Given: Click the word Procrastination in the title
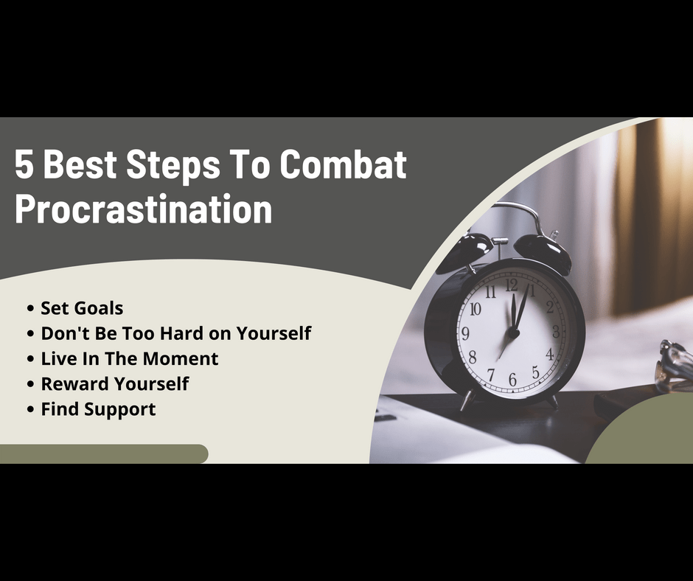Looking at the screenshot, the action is coord(144,210).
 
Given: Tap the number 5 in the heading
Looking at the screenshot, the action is coord(24,164).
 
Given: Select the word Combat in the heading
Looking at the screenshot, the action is coord(343,164).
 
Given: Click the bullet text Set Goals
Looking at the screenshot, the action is coord(82,308).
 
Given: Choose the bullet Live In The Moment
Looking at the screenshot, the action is coord(130,358).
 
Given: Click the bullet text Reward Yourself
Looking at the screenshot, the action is coord(115,384).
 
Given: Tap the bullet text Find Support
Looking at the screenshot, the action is coord(98,409).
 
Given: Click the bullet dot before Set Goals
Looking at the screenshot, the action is coord(30,308).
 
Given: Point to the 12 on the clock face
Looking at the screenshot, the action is coord(512,285).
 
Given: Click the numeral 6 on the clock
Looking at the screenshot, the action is coord(512,380).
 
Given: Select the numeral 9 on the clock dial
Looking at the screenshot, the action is coord(465,333).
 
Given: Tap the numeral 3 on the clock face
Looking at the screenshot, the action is coord(556,331).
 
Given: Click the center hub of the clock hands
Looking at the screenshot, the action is coord(513,333).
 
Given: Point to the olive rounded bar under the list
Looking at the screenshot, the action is coord(104,454).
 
